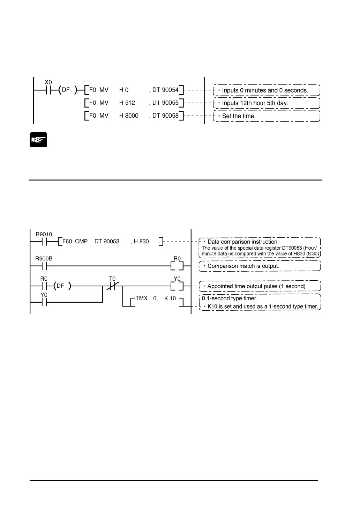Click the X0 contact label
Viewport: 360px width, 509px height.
(x=48, y=82)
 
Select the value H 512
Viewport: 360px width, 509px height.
(x=127, y=103)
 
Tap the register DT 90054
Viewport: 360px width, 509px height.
(x=165, y=90)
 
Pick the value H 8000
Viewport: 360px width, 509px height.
(x=129, y=116)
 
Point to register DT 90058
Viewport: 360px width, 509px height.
(x=165, y=116)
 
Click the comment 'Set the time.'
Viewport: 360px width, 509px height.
(x=239, y=116)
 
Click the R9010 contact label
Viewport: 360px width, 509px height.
(x=44, y=234)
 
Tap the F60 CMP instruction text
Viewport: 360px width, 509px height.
(x=75, y=241)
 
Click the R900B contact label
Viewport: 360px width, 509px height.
(x=44, y=259)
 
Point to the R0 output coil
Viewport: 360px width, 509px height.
(x=177, y=266)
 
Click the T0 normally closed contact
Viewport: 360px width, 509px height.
(x=112, y=286)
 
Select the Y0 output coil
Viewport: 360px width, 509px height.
(x=177, y=286)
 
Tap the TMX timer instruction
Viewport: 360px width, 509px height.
(x=142, y=298)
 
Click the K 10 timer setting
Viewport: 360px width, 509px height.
(x=170, y=298)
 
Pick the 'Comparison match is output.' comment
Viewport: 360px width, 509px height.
(x=243, y=266)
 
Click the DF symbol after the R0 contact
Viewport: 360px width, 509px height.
(x=60, y=286)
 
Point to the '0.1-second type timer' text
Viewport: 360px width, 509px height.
(x=229, y=298)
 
